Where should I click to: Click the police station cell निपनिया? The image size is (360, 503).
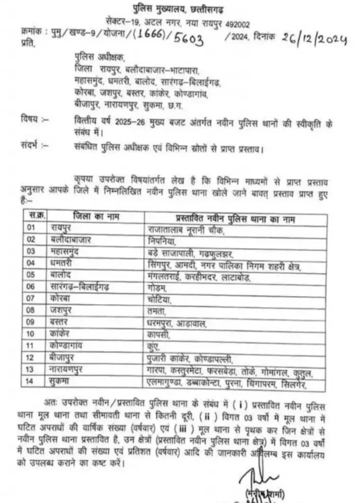(x=161, y=241)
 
